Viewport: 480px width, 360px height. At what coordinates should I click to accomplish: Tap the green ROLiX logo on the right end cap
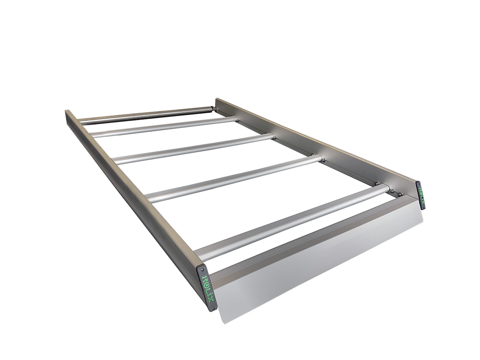(421, 196)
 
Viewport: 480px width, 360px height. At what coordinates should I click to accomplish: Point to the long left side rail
(132, 188)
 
